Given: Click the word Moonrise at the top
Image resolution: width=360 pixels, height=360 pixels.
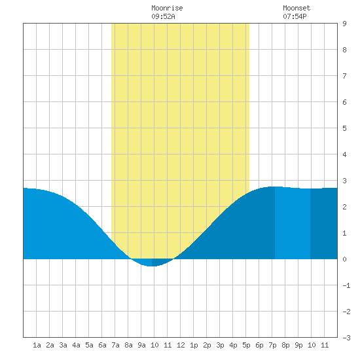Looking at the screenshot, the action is click(x=167, y=9).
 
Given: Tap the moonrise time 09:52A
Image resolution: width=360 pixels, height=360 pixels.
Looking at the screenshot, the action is click(x=163, y=16).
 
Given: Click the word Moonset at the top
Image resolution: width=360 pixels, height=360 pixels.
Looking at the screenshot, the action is click(x=297, y=9).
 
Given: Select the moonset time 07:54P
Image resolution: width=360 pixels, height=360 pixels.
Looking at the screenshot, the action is click(x=295, y=16).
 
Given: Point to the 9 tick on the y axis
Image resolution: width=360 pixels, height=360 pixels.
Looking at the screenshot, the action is click(x=344, y=24).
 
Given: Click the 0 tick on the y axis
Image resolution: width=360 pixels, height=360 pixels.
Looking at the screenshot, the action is click(x=344, y=259).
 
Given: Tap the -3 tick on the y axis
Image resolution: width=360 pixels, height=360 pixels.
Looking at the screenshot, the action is click(x=346, y=338).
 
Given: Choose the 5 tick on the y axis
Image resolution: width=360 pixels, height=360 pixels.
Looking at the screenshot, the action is click(x=344, y=128).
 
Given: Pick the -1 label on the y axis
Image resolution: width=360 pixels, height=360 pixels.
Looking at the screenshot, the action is click(x=346, y=285).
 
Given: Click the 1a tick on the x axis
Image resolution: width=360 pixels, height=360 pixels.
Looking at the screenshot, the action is click(x=37, y=345).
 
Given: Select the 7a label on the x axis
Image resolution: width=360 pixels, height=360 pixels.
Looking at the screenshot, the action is click(x=115, y=345).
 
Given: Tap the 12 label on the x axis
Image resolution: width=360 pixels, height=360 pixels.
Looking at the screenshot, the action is click(x=181, y=345).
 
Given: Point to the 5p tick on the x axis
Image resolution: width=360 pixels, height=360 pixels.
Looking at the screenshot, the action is click(x=246, y=345).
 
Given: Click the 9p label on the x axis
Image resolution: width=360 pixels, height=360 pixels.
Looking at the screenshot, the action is click(x=298, y=345).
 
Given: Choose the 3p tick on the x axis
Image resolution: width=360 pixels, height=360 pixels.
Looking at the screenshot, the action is click(x=220, y=345).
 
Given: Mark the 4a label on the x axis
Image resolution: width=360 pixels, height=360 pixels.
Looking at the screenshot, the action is click(x=76, y=345).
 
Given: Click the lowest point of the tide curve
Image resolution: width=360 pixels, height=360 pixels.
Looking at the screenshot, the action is click(x=151, y=266).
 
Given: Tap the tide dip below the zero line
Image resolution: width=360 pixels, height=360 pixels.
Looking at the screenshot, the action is click(x=152, y=262).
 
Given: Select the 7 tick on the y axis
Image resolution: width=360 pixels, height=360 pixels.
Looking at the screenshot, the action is click(x=344, y=76).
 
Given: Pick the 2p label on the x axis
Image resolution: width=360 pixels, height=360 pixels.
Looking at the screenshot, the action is click(x=207, y=345).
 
